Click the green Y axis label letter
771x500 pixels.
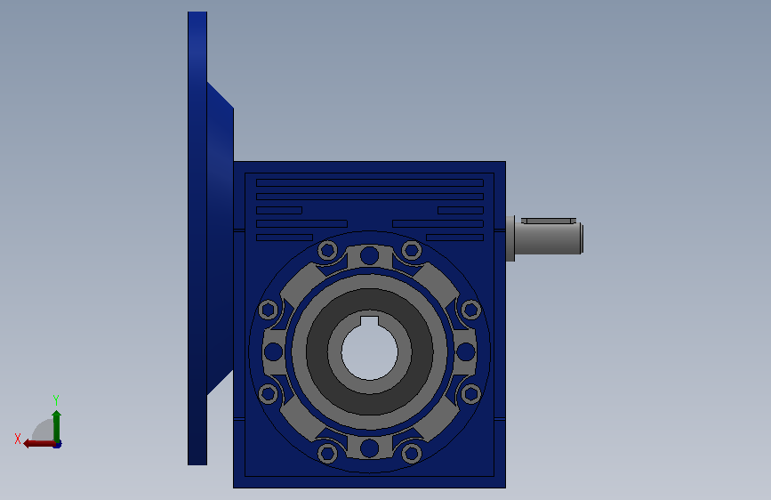(56, 400)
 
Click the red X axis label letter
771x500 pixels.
(18, 439)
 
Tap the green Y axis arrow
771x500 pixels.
(57, 427)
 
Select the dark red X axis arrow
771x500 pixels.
(40, 444)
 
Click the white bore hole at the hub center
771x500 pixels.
(370, 352)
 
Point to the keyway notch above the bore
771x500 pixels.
(370, 321)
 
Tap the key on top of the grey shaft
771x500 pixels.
(549, 221)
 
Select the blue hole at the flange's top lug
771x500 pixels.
(369, 255)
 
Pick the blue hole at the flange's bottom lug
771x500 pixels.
(369, 448)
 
